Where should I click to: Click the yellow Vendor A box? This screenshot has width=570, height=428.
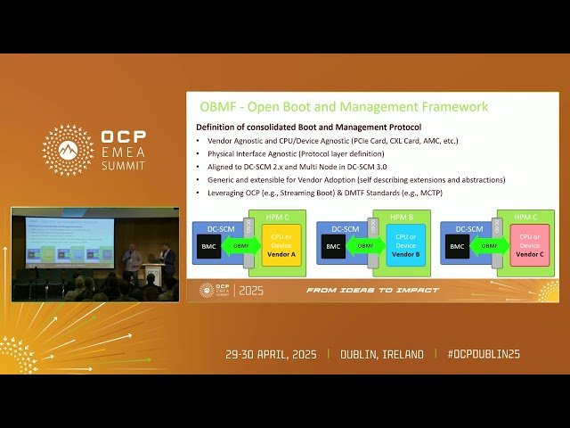tap(282, 245)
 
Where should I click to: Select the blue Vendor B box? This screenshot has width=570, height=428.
tap(405, 245)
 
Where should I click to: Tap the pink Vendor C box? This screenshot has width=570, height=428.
tap(529, 245)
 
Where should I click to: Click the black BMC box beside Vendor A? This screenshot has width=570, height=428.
tap(209, 246)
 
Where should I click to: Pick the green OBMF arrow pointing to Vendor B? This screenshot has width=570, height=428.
tap(365, 246)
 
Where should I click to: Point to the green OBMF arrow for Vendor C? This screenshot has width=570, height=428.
tap(488, 246)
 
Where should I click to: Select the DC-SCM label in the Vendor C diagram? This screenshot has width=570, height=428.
tap(469, 228)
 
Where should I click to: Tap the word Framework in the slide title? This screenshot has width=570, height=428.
tap(451, 107)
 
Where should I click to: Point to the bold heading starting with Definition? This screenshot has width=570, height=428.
tap(307, 128)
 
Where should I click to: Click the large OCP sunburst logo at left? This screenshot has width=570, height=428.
tap(68, 150)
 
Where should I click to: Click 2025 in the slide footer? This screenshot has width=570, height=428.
tap(251, 290)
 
